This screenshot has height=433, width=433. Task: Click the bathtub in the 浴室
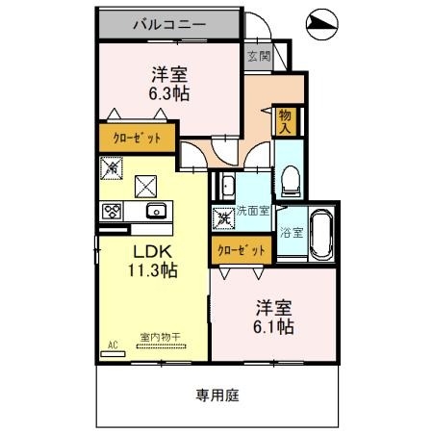(x=319, y=234)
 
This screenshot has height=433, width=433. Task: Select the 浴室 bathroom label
(x=291, y=232)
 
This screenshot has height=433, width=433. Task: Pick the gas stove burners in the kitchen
(x=111, y=212)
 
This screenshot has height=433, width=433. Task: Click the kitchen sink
(x=154, y=211)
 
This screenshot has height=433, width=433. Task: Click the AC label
(x=113, y=344)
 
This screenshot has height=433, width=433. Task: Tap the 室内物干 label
(x=161, y=336)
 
